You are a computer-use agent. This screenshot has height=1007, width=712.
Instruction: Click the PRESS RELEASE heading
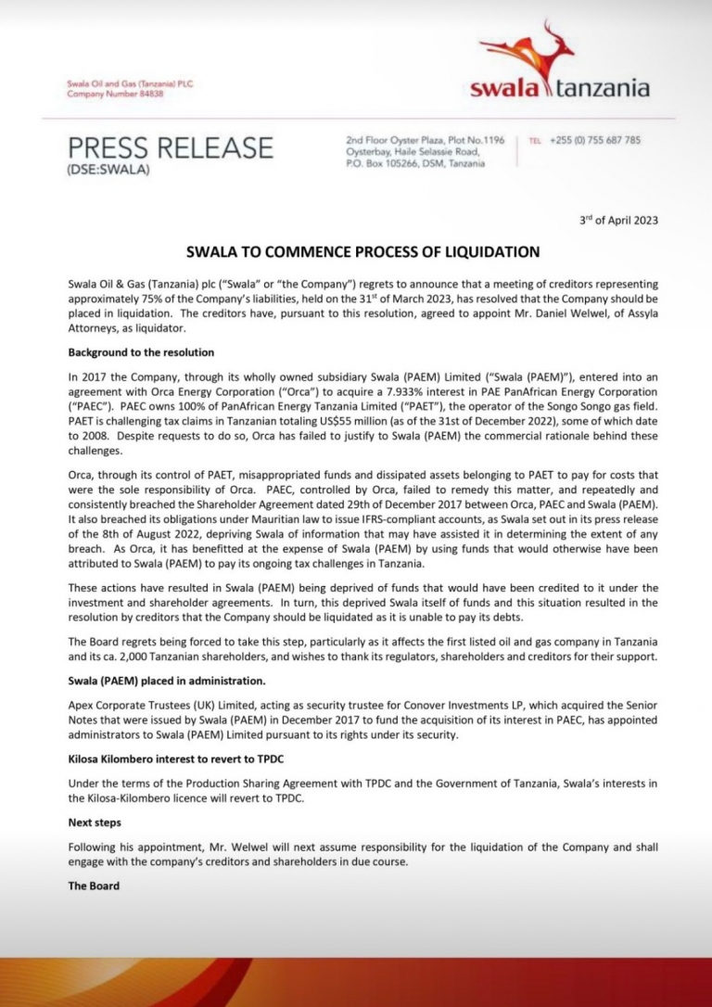pos(171,147)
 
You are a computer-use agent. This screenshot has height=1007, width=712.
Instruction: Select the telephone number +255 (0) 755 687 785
pos(594,140)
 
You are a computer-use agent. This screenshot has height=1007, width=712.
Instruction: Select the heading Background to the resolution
pos(141,353)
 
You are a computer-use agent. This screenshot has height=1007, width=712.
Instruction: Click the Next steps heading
pos(95,822)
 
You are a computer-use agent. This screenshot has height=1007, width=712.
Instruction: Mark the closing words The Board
pos(94,886)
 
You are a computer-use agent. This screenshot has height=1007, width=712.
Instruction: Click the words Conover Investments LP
pos(433,705)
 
